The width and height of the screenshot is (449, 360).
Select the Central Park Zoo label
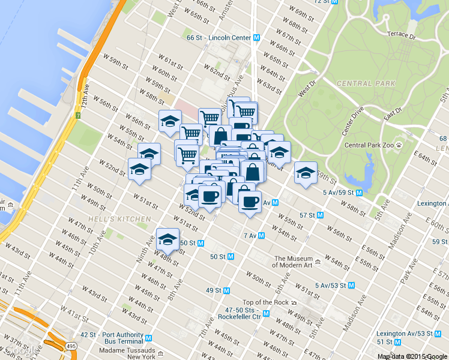368,145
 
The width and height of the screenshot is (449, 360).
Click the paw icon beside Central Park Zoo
398,145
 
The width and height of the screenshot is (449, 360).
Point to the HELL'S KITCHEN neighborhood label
119,219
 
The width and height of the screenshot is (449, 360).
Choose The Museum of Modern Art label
294,262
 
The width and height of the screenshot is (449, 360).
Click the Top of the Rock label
265,302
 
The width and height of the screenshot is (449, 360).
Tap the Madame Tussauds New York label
127,353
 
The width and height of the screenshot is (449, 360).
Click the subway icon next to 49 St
226,290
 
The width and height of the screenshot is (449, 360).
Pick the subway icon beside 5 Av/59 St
358,193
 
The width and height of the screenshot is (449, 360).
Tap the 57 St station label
307,215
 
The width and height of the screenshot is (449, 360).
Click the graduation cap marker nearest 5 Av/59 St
305,173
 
